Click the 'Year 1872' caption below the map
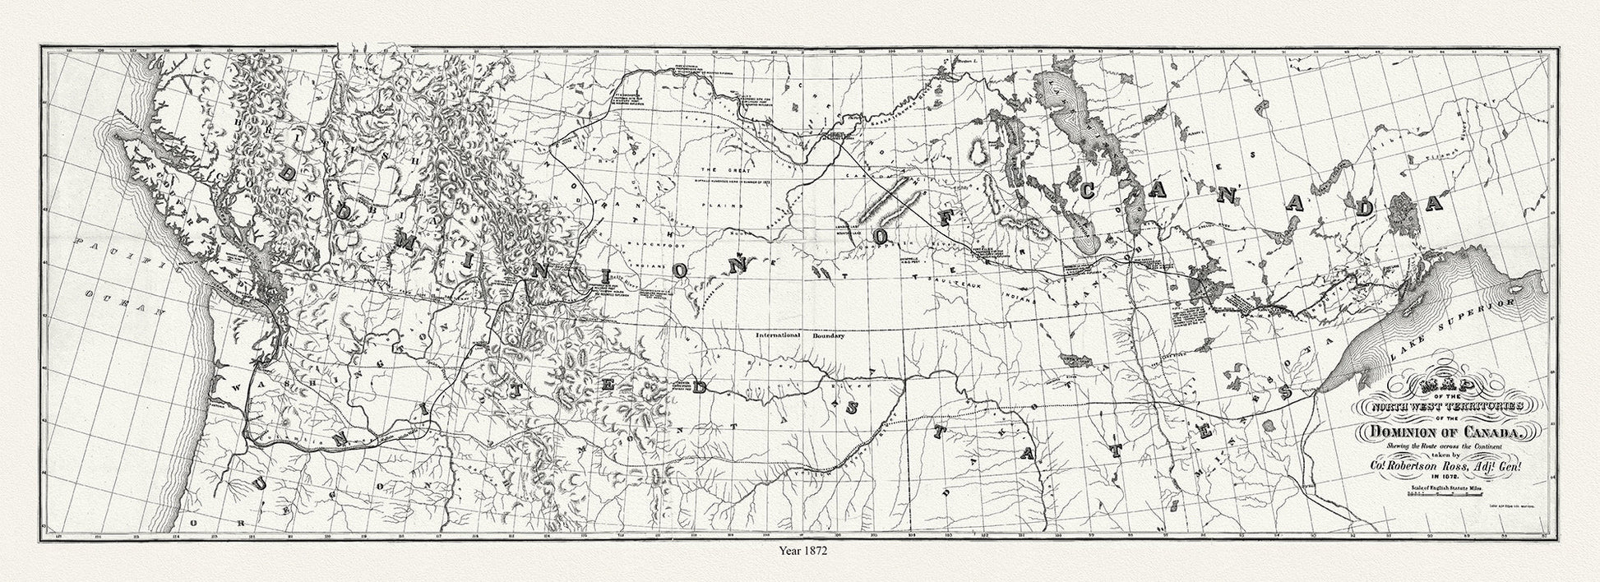(799, 552)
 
